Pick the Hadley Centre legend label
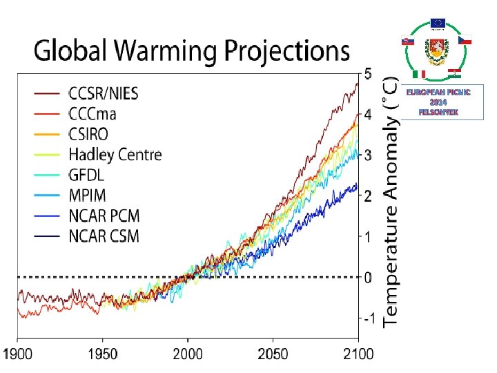click(115, 153)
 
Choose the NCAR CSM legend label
click(104, 236)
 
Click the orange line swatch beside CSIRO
click(48, 133)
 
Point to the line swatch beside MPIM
click(48, 195)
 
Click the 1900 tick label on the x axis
click(18, 354)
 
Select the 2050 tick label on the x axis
click(272, 354)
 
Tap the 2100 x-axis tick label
click(358, 354)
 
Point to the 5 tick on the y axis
click(367, 73)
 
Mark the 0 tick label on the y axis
click(368, 278)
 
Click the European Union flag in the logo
click(438, 23)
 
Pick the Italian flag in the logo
click(419, 74)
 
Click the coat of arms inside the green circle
click(438, 50)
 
